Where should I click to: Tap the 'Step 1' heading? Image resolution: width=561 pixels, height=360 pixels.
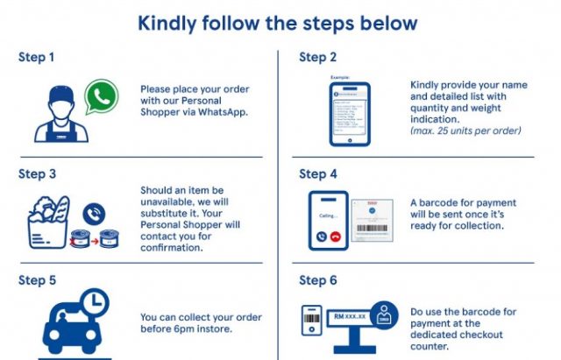coord(37,58)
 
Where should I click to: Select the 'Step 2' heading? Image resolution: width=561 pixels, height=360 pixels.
coord(317,58)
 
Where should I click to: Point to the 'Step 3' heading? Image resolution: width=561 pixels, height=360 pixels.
coord(37,173)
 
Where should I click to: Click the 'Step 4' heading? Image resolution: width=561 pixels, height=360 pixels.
coord(317,173)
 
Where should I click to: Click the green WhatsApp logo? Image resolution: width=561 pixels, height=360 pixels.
coord(101,95)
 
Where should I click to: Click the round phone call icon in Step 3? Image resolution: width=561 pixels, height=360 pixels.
coord(93,213)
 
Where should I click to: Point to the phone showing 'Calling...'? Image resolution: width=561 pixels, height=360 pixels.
coord(328,219)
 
